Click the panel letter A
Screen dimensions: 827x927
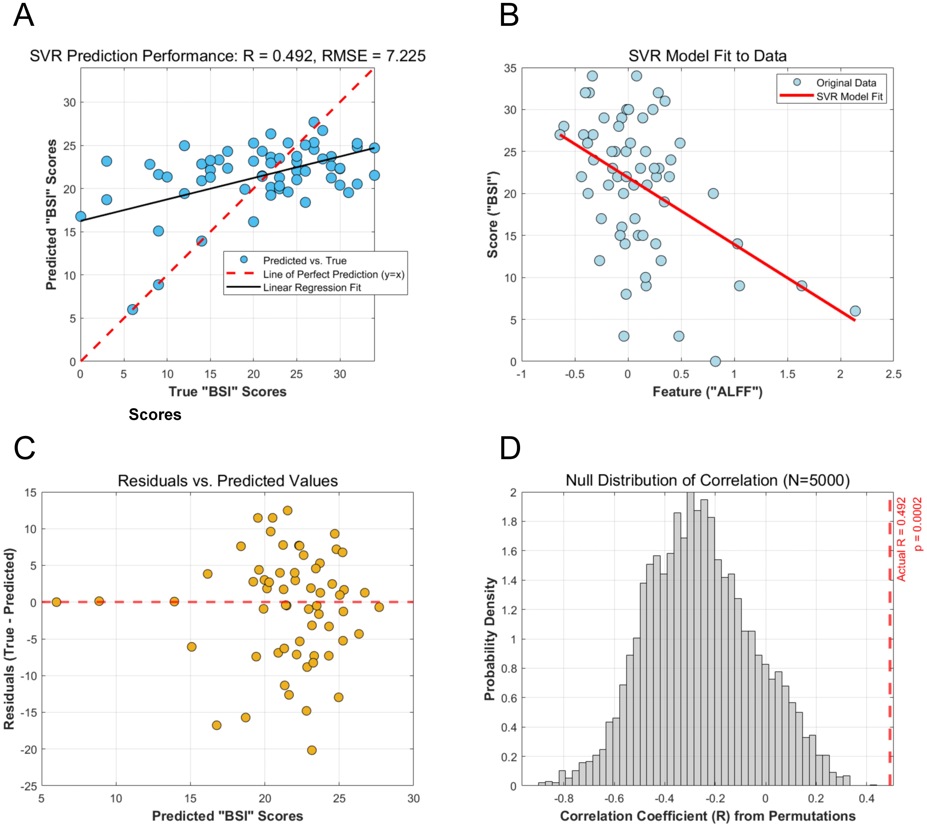coord(24,16)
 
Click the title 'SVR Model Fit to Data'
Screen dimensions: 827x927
coord(707,56)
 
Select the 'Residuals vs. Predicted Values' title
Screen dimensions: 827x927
coord(228,481)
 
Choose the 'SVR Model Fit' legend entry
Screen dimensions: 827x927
coord(849,96)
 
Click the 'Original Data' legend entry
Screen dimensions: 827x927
coord(846,83)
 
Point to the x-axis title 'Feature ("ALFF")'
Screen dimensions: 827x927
coord(707,392)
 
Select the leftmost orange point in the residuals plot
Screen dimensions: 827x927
coord(56,602)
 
